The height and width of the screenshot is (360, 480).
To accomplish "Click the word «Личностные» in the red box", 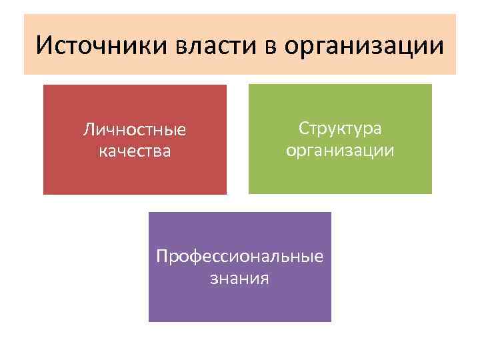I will pyautogui.click(x=135, y=129).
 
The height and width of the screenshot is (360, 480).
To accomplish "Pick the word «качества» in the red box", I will pyautogui.click(x=135, y=151).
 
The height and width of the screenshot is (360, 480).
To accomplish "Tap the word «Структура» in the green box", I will pyautogui.click(x=340, y=127).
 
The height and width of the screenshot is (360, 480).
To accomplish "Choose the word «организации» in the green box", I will pyautogui.click(x=340, y=151).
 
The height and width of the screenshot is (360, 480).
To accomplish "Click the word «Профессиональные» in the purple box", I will pyautogui.click(x=239, y=256).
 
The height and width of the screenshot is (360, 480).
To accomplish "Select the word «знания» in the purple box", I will pyautogui.click(x=239, y=278).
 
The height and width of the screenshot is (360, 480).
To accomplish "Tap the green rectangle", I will pyautogui.click(x=340, y=177).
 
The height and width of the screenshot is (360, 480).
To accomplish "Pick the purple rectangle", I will pyautogui.click(x=239, y=303).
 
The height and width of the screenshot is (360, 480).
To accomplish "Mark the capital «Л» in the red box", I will pyautogui.click(x=88, y=128).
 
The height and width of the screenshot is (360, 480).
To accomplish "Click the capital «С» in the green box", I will pyautogui.click(x=303, y=127).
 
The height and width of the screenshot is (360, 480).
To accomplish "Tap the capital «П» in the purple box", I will pyautogui.click(x=161, y=256).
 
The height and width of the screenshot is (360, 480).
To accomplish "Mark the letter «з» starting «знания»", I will pyautogui.click(x=213, y=279).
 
